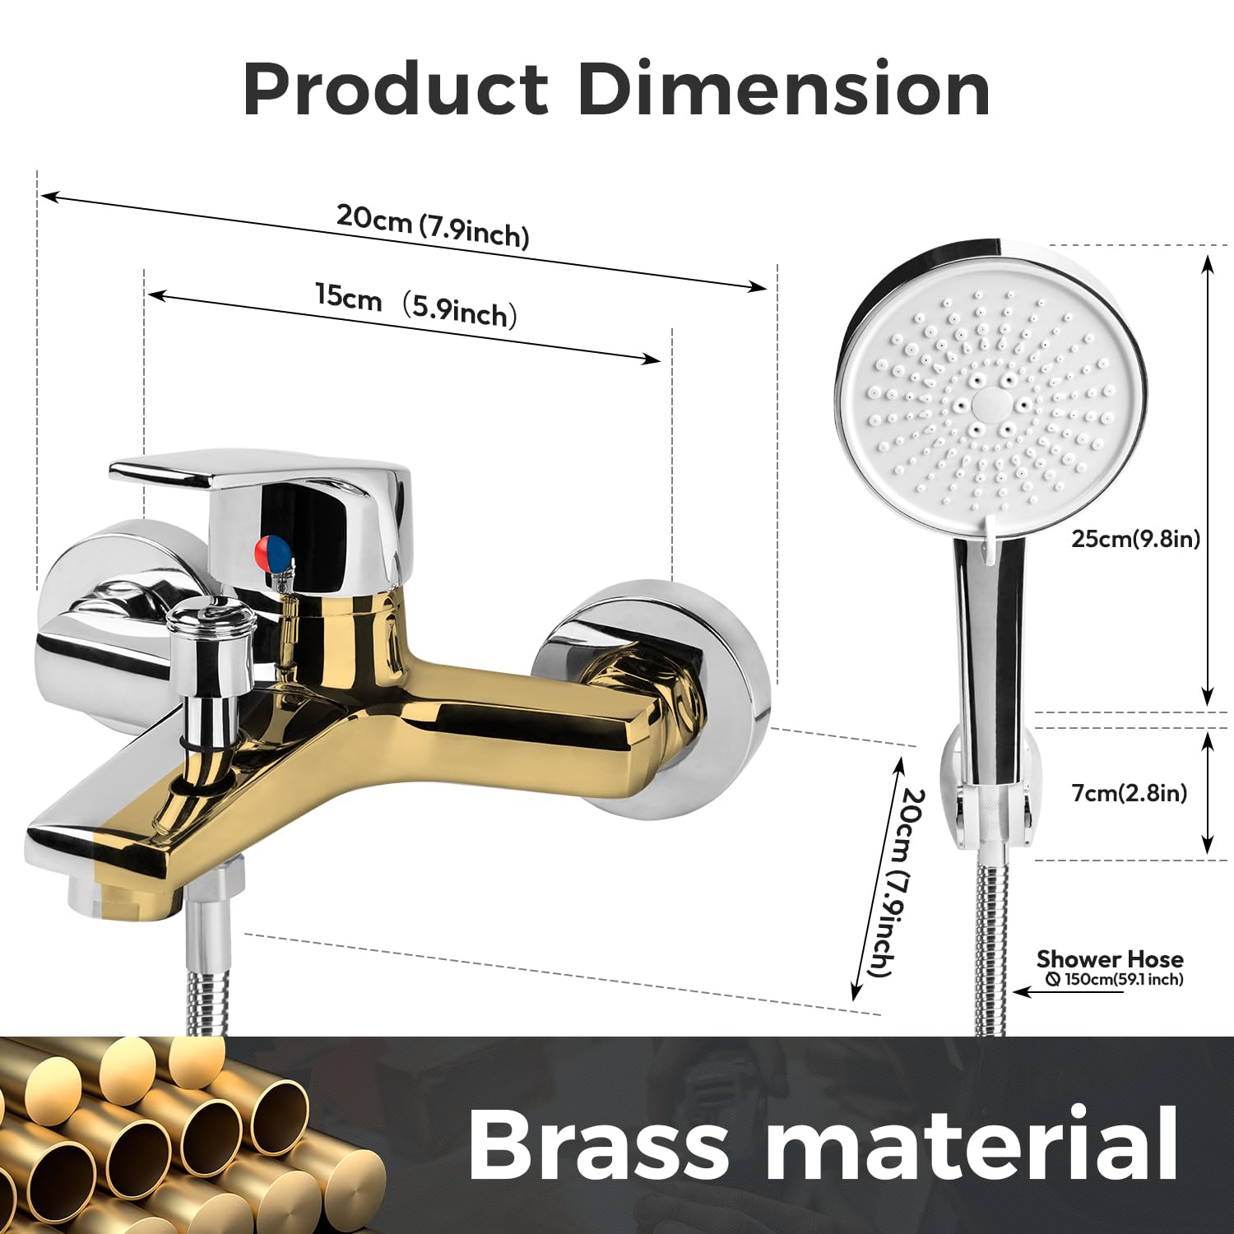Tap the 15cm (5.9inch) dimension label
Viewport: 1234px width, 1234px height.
[x=416, y=304]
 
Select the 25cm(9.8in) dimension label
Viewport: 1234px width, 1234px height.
[x=1135, y=539]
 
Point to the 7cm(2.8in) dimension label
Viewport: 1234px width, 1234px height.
[x=1129, y=793]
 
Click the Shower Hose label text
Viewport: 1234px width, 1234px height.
[x=1110, y=959]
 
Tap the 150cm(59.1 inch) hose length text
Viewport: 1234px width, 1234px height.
[x=1115, y=979]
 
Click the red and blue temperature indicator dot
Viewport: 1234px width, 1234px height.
[x=275, y=553]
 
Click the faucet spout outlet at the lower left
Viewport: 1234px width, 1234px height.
[x=123, y=897]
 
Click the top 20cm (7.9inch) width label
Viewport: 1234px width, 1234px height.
[x=433, y=225]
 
